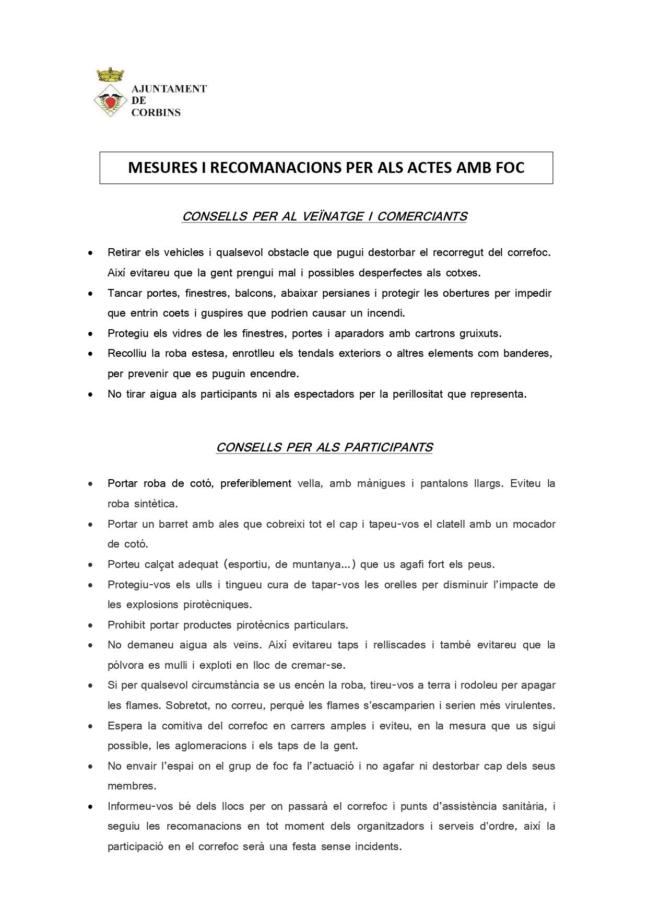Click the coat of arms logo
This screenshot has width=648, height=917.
pos(111,93)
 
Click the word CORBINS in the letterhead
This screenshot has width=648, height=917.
pos(156,112)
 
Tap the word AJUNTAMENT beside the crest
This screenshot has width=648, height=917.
pos(169,89)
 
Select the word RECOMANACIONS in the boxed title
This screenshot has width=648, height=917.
pos(274,168)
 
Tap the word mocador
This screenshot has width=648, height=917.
pos(534,524)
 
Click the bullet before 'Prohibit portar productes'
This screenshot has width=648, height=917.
pos(91,625)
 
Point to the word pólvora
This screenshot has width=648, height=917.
pos(125,665)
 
